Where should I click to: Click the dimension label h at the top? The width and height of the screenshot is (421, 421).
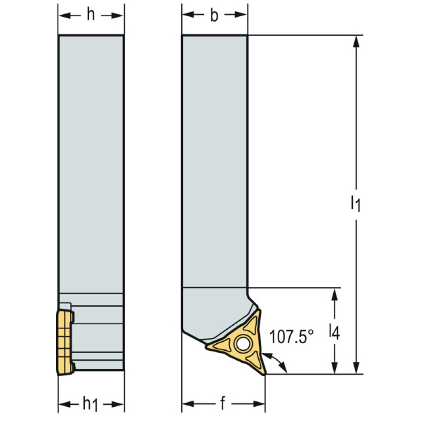pyautogui.click(x=91, y=16)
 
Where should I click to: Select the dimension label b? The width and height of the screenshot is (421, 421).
pyautogui.click(x=215, y=16)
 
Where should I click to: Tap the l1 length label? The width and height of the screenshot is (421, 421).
pyautogui.click(x=356, y=204)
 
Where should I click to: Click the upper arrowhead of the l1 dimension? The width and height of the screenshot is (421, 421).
pyautogui.click(x=357, y=41)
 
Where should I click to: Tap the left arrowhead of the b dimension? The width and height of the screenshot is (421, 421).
pyautogui.click(x=187, y=16)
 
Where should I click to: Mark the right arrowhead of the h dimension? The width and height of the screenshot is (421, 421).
pyautogui.click(x=120, y=16)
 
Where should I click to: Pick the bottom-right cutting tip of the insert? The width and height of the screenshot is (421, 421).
pyautogui.click(x=264, y=373)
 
